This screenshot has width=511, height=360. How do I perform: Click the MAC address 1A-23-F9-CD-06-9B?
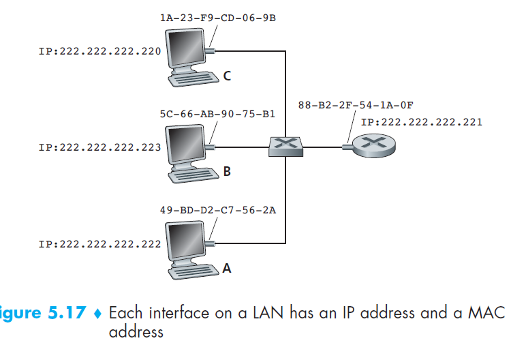tap(213, 18)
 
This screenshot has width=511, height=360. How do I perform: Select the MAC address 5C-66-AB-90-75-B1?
tap(213, 115)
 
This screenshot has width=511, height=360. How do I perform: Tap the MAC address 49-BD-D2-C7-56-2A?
tap(213, 209)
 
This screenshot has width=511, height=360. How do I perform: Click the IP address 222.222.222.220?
tap(100, 51)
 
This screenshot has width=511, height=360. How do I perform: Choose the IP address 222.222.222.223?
tap(100, 147)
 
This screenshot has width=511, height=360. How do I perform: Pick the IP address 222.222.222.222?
tap(100, 243)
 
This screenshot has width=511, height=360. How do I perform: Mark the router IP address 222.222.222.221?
tap(421, 123)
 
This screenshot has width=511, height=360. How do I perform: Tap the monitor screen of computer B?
tap(186, 146)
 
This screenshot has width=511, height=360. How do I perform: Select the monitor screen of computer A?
tap(186, 243)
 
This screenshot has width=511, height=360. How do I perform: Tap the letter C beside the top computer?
tap(226, 76)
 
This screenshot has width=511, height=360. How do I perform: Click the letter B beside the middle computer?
tap(227, 172)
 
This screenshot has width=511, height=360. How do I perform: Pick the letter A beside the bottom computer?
tap(227, 269)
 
